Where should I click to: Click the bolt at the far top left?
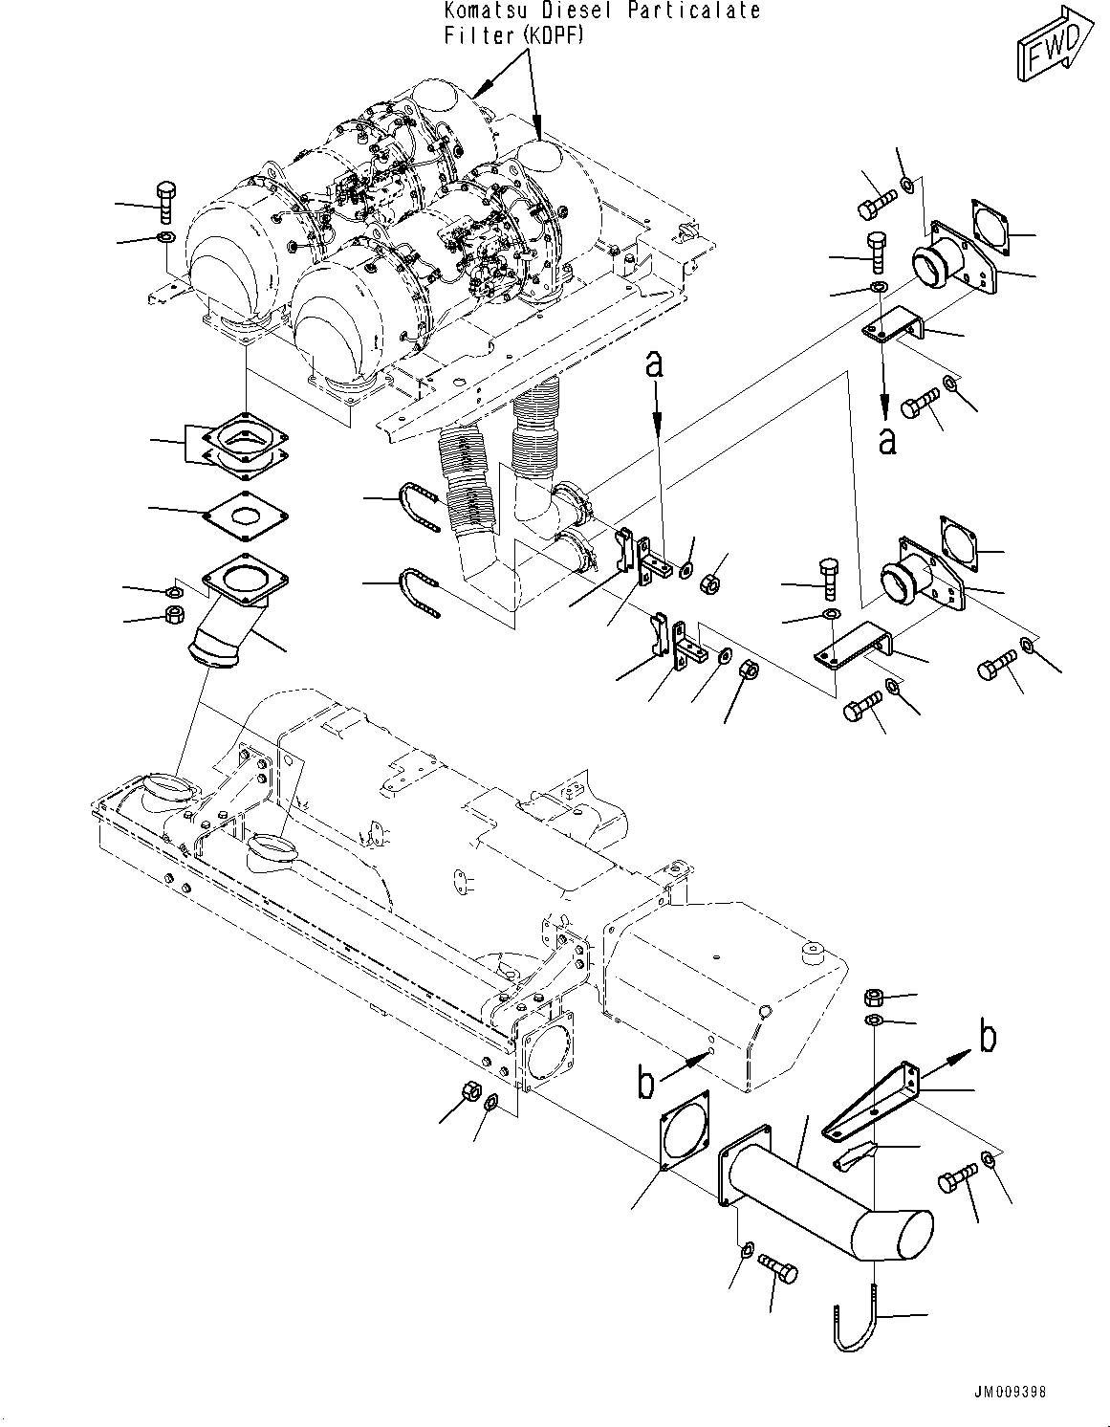[x=164, y=201]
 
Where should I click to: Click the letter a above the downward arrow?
[x=655, y=363]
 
